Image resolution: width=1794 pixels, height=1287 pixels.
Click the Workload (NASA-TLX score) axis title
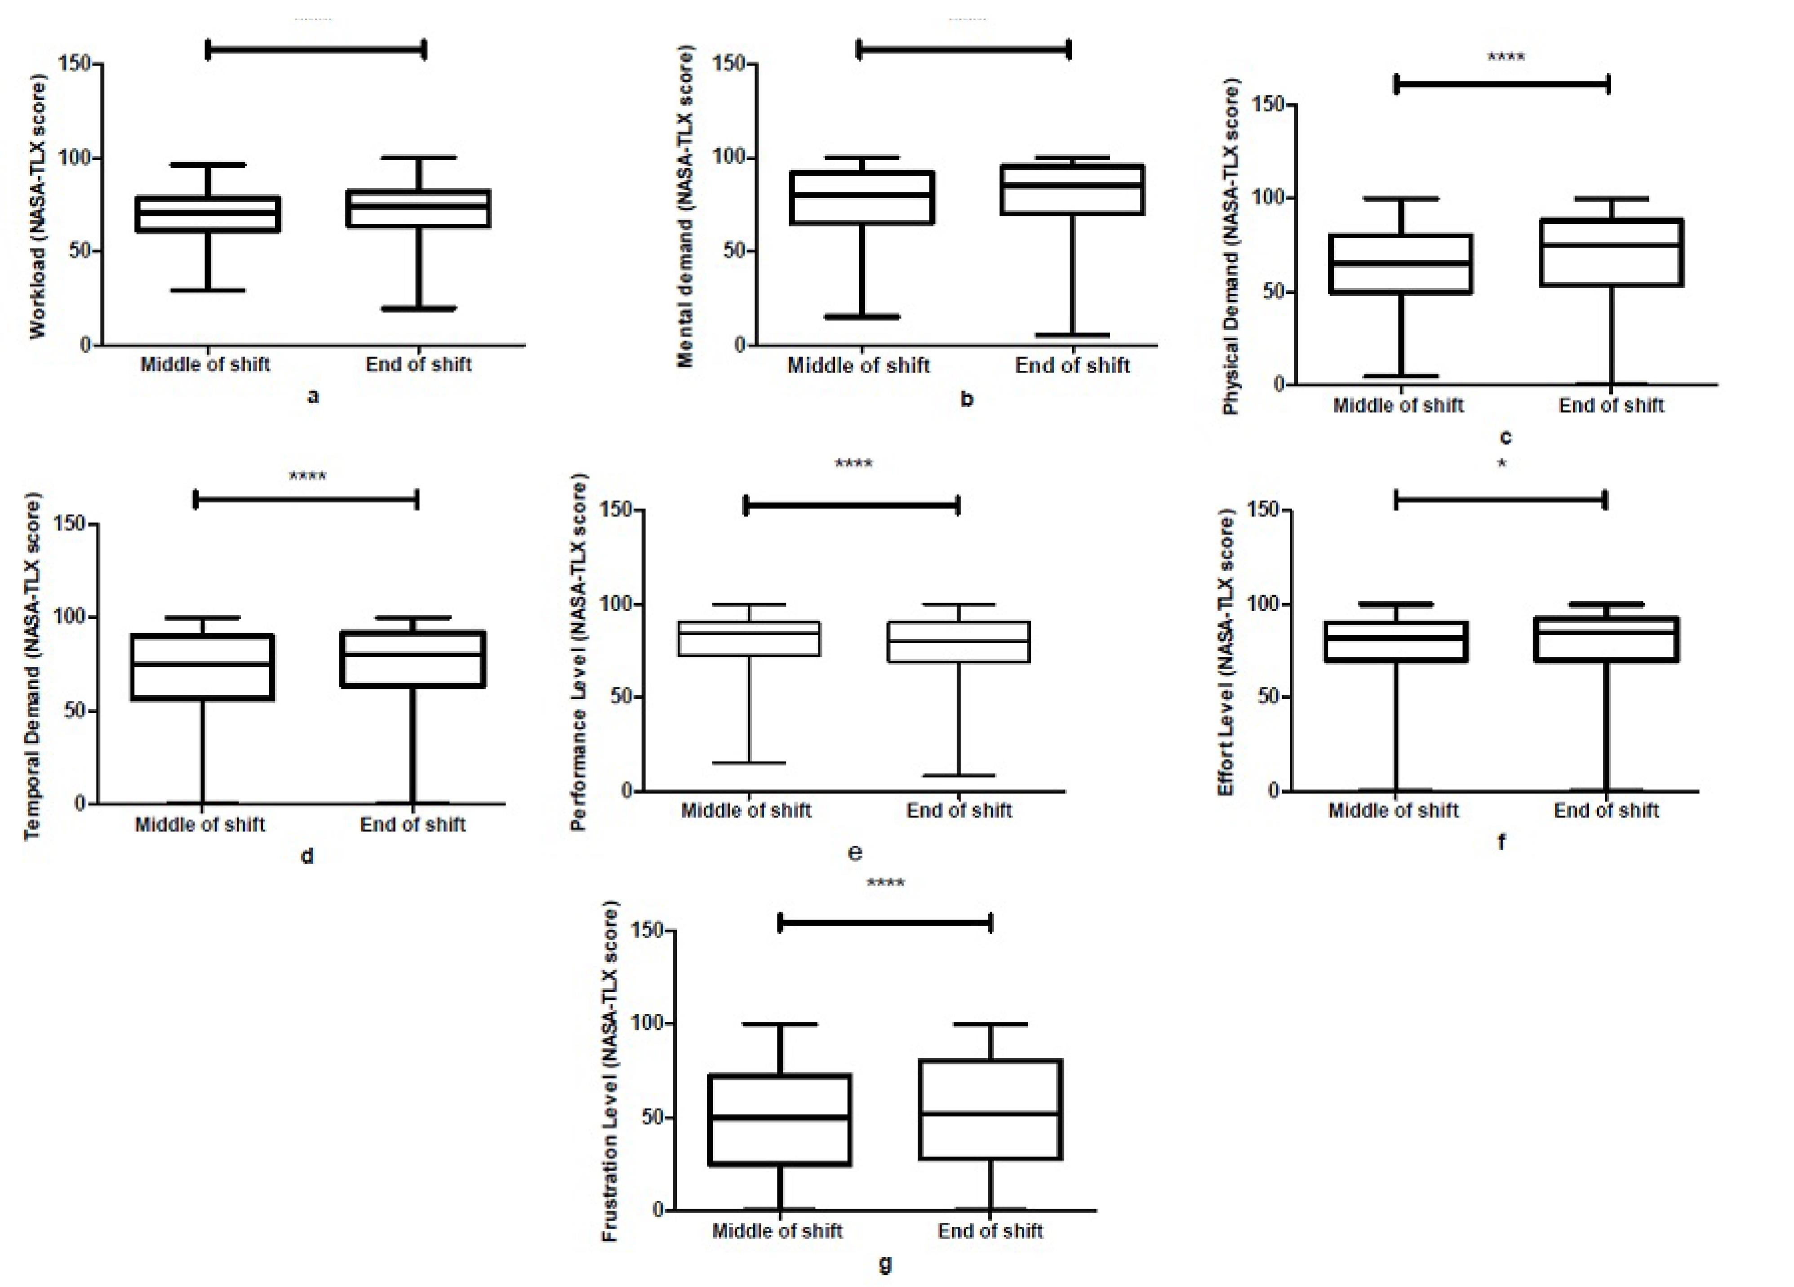pyautogui.click(x=37, y=207)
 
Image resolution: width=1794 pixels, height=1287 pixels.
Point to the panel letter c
pyautogui.click(x=1505, y=437)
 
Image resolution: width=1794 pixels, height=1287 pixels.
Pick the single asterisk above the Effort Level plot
pyautogui.click(x=1501, y=464)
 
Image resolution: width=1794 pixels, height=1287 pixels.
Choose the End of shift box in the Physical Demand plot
pyautogui.click(x=1611, y=220)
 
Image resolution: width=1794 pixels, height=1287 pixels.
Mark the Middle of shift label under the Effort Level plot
pyautogui.click(x=1393, y=810)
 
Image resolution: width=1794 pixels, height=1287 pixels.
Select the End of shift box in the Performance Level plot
pyautogui.click(x=959, y=622)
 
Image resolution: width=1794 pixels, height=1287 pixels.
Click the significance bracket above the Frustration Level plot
pyautogui.click(x=885, y=923)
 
